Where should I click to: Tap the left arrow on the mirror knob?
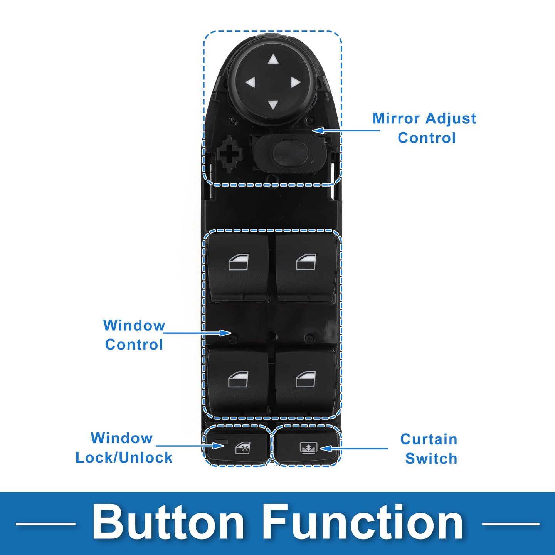[x=250, y=82]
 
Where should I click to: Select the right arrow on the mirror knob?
[x=296, y=82]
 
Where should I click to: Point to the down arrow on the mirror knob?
[x=273, y=105]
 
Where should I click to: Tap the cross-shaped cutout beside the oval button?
[x=229, y=154]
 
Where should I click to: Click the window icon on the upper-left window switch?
[x=239, y=262]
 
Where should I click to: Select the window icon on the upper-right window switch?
[x=306, y=262]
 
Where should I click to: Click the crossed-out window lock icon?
[x=243, y=448]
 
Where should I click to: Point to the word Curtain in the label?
[x=429, y=439]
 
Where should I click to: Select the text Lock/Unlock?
[x=124, y=457]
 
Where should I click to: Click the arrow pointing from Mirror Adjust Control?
[x=346, y=131]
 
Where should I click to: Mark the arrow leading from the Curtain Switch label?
[x=354, y=449]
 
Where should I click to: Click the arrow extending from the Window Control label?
[x=198, y=333]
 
